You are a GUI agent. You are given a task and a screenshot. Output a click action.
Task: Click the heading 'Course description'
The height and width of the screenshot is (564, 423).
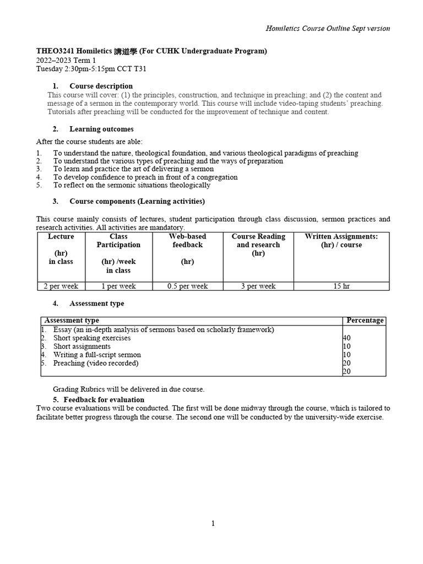click(101, 86)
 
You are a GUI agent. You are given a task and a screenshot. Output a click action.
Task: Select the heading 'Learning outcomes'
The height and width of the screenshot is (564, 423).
click(101, 129)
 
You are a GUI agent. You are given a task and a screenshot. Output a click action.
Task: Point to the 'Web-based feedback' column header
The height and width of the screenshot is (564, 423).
click(187, 241)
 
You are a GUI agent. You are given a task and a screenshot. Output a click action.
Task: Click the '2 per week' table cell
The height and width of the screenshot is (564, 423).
click(61, 286)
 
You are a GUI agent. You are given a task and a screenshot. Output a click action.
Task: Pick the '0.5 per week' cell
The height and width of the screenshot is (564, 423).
click(187, 286)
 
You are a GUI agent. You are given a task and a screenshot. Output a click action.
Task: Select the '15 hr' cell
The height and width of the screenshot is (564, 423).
click(341, 286)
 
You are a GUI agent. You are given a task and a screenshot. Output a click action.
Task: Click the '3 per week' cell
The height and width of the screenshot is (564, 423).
click(258, 286)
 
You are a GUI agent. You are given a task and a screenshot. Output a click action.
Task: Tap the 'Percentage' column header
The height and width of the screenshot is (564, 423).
click(365, 321)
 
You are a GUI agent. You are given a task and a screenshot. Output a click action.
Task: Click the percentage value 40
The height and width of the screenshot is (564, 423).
click(347, 338)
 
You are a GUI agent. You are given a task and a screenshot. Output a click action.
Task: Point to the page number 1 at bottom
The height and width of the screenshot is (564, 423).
click(213, 523)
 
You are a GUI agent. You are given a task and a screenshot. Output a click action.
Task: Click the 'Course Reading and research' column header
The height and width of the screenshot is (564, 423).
click(258, 245)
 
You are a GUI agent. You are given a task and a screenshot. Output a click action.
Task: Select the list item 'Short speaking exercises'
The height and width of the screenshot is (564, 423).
click(92, 338)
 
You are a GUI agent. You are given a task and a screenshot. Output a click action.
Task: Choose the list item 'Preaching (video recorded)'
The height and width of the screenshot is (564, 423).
click(96, 363)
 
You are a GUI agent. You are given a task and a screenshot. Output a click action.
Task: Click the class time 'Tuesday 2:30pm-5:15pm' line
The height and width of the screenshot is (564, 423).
click(91, 69)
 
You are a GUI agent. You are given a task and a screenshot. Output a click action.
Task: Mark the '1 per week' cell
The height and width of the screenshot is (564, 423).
click(118, 286)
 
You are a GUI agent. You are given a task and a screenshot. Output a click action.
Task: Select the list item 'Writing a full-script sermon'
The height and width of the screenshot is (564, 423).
click(97, 355)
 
